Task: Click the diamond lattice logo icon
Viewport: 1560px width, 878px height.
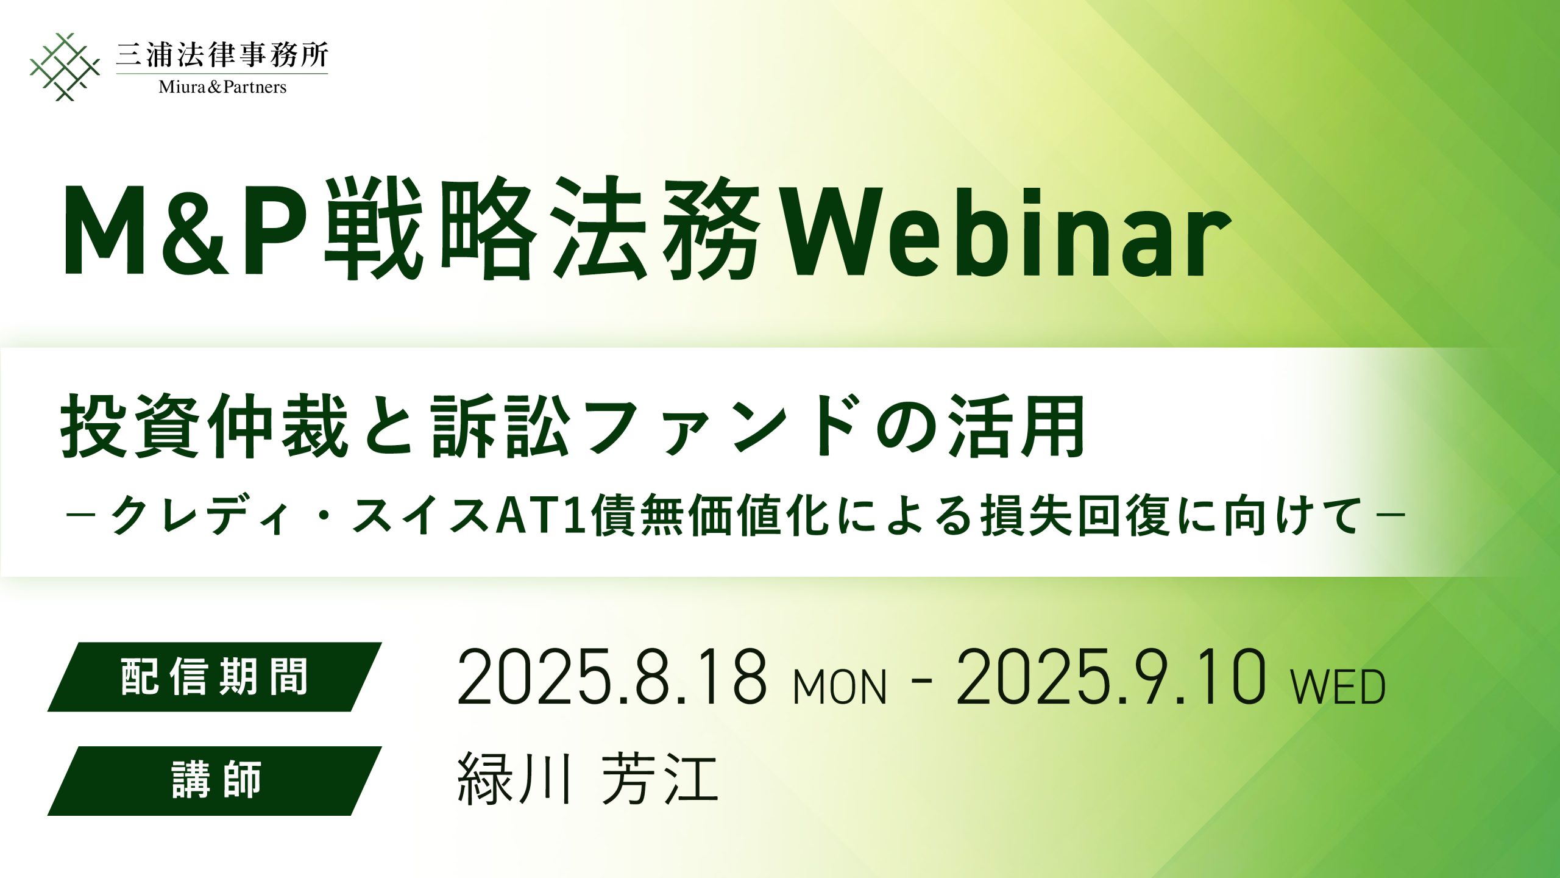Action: point(65,66)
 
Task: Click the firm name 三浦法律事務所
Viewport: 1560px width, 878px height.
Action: point(222,55)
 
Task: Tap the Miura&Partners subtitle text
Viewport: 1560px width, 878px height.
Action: point(222,87)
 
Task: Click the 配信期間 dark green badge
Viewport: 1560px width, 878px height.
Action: point(214,677)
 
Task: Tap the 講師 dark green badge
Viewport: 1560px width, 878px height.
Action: point(214,781)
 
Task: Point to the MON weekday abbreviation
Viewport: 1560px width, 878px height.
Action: point(840,687)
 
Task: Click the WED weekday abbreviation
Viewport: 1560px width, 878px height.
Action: point(1339,687)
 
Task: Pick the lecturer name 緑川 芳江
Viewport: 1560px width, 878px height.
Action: point(588,778)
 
